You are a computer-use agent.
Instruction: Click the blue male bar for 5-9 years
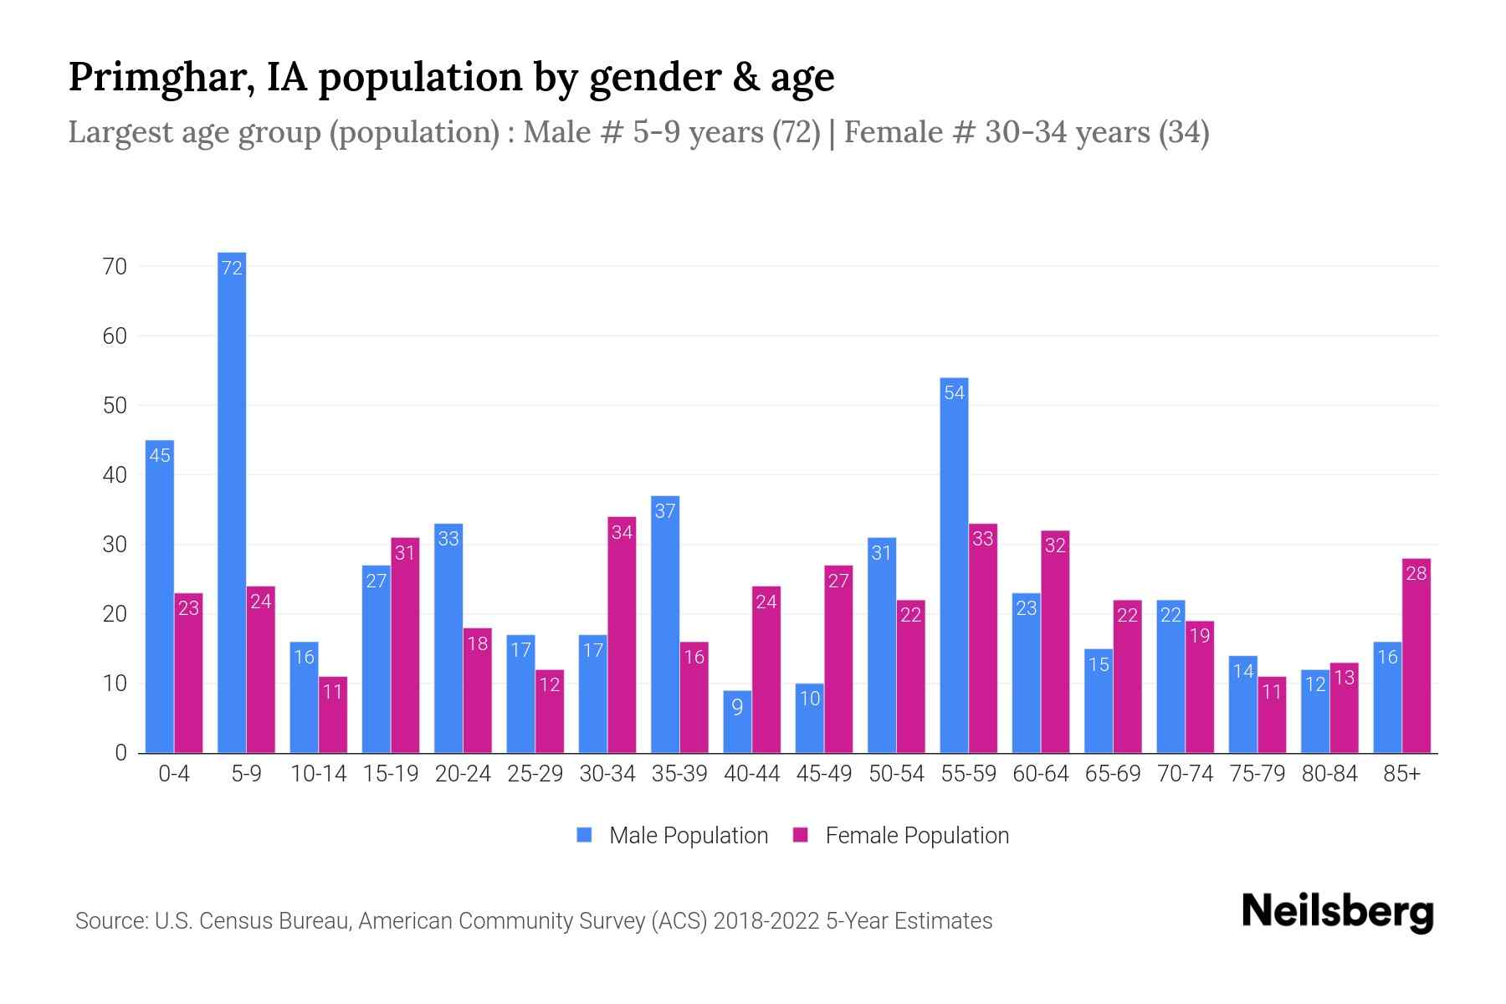[x=232, y=502]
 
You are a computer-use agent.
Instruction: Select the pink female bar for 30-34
[x=622, y=636]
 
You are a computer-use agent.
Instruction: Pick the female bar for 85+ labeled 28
[x=1416, y=656]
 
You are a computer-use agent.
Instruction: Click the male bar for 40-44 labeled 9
[x=737, y=722]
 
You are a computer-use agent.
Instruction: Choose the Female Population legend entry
[x=901, y=835]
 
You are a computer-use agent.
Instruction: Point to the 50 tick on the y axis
[x=115, y=406]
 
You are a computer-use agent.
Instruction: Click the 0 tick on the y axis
[x=120, y=753]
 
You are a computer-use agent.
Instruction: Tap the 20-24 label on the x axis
[x=463, y=774]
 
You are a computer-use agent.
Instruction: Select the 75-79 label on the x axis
[x=1257, y=774]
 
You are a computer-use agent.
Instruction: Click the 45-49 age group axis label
[x=824, y=774]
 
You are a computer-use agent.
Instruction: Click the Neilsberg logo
[x=1337, y=912]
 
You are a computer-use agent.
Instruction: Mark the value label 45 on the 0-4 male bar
[x=160, y=455]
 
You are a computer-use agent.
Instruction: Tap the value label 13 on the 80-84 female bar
[x=1344, y=678]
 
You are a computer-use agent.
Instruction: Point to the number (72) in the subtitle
[x=796, y=132]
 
